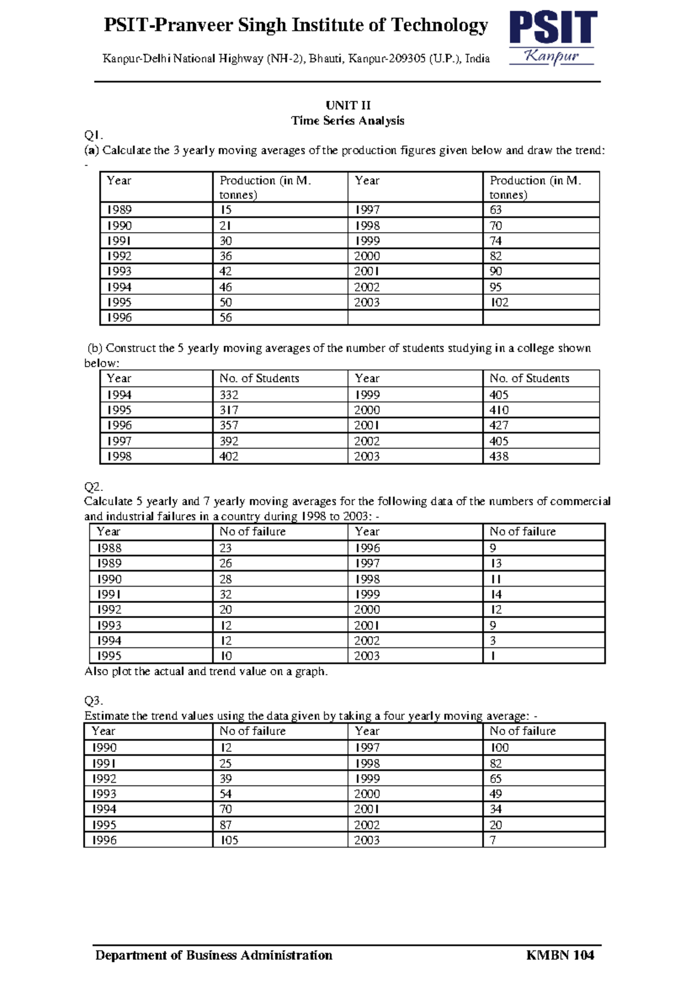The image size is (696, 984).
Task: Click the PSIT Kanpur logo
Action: click(x=553, y=38)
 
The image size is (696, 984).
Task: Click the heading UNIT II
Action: click(x=347, y=105)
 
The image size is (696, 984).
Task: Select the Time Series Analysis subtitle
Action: click(x=347, y=121)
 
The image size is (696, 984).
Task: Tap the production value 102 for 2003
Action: click(x=499, y=302)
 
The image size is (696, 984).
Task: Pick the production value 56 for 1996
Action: click(x=226, y=317)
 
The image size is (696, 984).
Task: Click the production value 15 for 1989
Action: click(x=226, y=209)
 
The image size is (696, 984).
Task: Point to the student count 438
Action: click(x=498, y=456)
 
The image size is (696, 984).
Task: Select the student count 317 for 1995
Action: click(x=229, y=410)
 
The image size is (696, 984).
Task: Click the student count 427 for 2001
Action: click(x=498, y=425)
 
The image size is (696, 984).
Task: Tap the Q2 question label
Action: click(x=93, y=486)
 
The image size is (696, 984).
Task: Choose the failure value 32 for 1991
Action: click(x=226, y=594)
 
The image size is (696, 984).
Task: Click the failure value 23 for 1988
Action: click(x=226, y=548)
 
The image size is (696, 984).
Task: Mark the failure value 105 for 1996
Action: click(x=229, y=840)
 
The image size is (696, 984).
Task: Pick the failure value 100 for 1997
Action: click(x=499, y=748)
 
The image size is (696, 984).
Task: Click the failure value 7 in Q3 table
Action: click(x=493, y=840)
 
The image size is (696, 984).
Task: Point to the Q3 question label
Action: click(x=93, y=700)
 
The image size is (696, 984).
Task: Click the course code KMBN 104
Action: click(x=560, y=955)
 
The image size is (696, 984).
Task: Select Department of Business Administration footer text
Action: click(x=213, y=955)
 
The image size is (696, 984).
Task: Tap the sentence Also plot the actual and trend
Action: click(x=206, y=671)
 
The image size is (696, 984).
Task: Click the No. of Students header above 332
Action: click(x=259, y=378)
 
